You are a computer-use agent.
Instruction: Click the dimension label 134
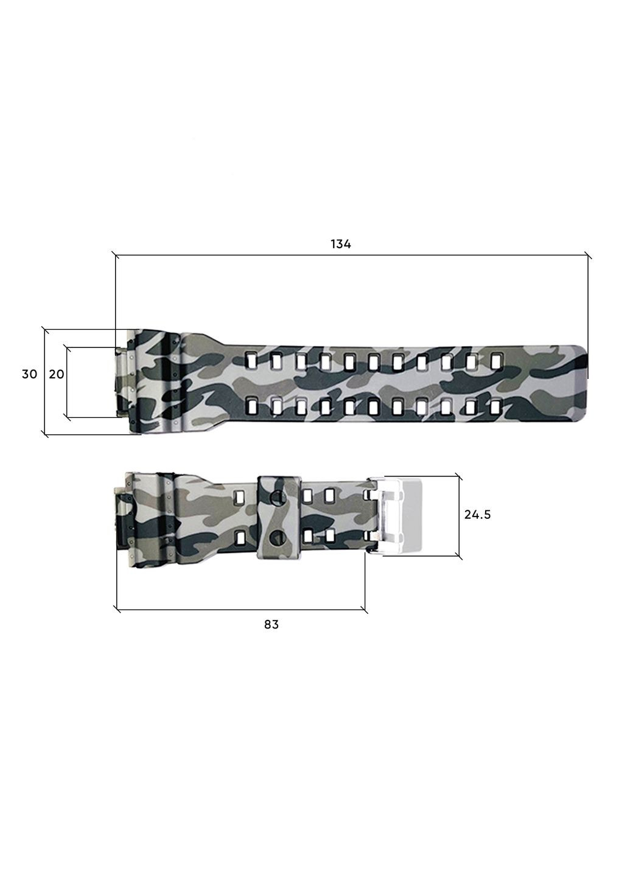click(341, 244)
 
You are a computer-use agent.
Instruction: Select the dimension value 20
click(57, 374)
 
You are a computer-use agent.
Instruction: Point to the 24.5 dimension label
click(477, 515)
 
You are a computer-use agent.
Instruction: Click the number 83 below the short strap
click(271, 624)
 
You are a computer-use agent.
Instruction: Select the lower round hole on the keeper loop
click(278, 537)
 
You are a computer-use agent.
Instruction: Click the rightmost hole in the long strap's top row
click(496, 361)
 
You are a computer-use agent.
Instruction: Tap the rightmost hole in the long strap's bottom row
click(496, 405)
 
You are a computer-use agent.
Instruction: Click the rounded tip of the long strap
click(580, 383)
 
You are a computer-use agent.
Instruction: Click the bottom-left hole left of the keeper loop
click(241, 537)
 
